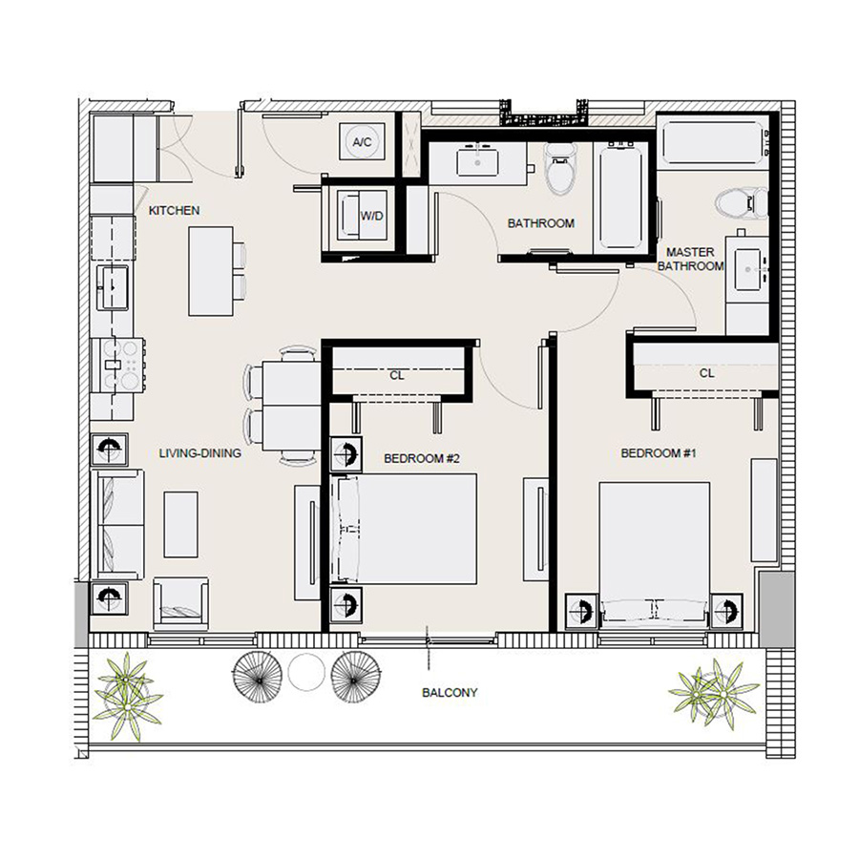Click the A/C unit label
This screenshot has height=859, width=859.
(x=362, y=142)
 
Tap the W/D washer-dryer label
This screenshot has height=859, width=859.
(x=371, y=216)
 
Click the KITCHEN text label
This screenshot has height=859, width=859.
(x=174, y=210)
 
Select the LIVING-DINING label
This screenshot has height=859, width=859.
(x=199, y=454)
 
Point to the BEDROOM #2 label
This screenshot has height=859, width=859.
(x=422, y=459)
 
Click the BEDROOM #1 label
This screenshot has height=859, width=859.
(x=660, y=453)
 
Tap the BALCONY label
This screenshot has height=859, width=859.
(x=449, y=693)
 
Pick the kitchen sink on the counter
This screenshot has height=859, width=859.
(x=115, y=285)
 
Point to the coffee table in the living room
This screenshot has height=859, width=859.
(x=180, y=525)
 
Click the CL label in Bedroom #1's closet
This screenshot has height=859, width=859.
(x=706, y=373)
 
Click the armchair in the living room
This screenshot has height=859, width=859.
(x=180, y=602)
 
